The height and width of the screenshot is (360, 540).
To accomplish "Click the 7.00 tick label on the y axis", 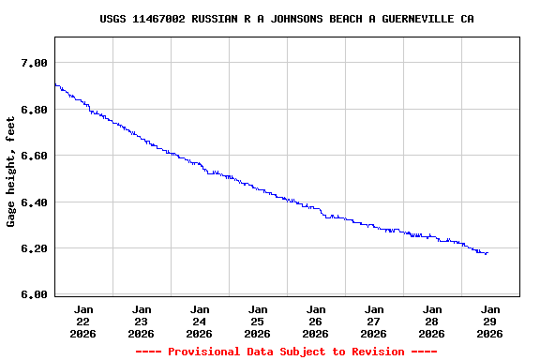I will [x=34, y=63].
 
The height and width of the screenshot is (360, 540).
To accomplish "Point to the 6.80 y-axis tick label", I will [x=34, y=110].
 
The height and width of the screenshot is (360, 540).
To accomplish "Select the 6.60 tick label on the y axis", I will [x=34, y=156].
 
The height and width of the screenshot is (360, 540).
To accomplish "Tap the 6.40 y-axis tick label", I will [x=34, y=202].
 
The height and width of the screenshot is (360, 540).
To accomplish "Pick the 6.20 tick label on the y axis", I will [x=34, y=248].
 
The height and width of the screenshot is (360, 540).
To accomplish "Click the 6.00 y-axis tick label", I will [x=34, y=295].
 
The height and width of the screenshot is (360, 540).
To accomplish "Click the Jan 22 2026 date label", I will [x=83, y=321].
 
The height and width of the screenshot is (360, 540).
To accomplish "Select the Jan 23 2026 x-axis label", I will [x=142, y=321].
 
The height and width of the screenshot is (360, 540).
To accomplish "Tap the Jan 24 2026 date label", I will [x=200, y=321].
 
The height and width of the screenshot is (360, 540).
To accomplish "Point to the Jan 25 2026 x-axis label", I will [x=258, y=321].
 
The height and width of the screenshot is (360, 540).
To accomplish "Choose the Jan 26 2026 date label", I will [x=316, y=321].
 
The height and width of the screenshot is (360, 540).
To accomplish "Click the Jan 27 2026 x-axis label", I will [x=374, y=321].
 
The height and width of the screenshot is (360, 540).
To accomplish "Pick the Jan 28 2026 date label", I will [x=432, y=321].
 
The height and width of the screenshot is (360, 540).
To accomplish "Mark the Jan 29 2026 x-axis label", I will [x=489, y=321].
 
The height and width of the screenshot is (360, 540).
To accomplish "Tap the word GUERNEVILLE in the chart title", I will [x=419, y=19].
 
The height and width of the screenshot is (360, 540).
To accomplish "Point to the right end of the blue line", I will [x=487, y=252].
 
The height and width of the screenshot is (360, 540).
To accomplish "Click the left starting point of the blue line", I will [x=55, y=84].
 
